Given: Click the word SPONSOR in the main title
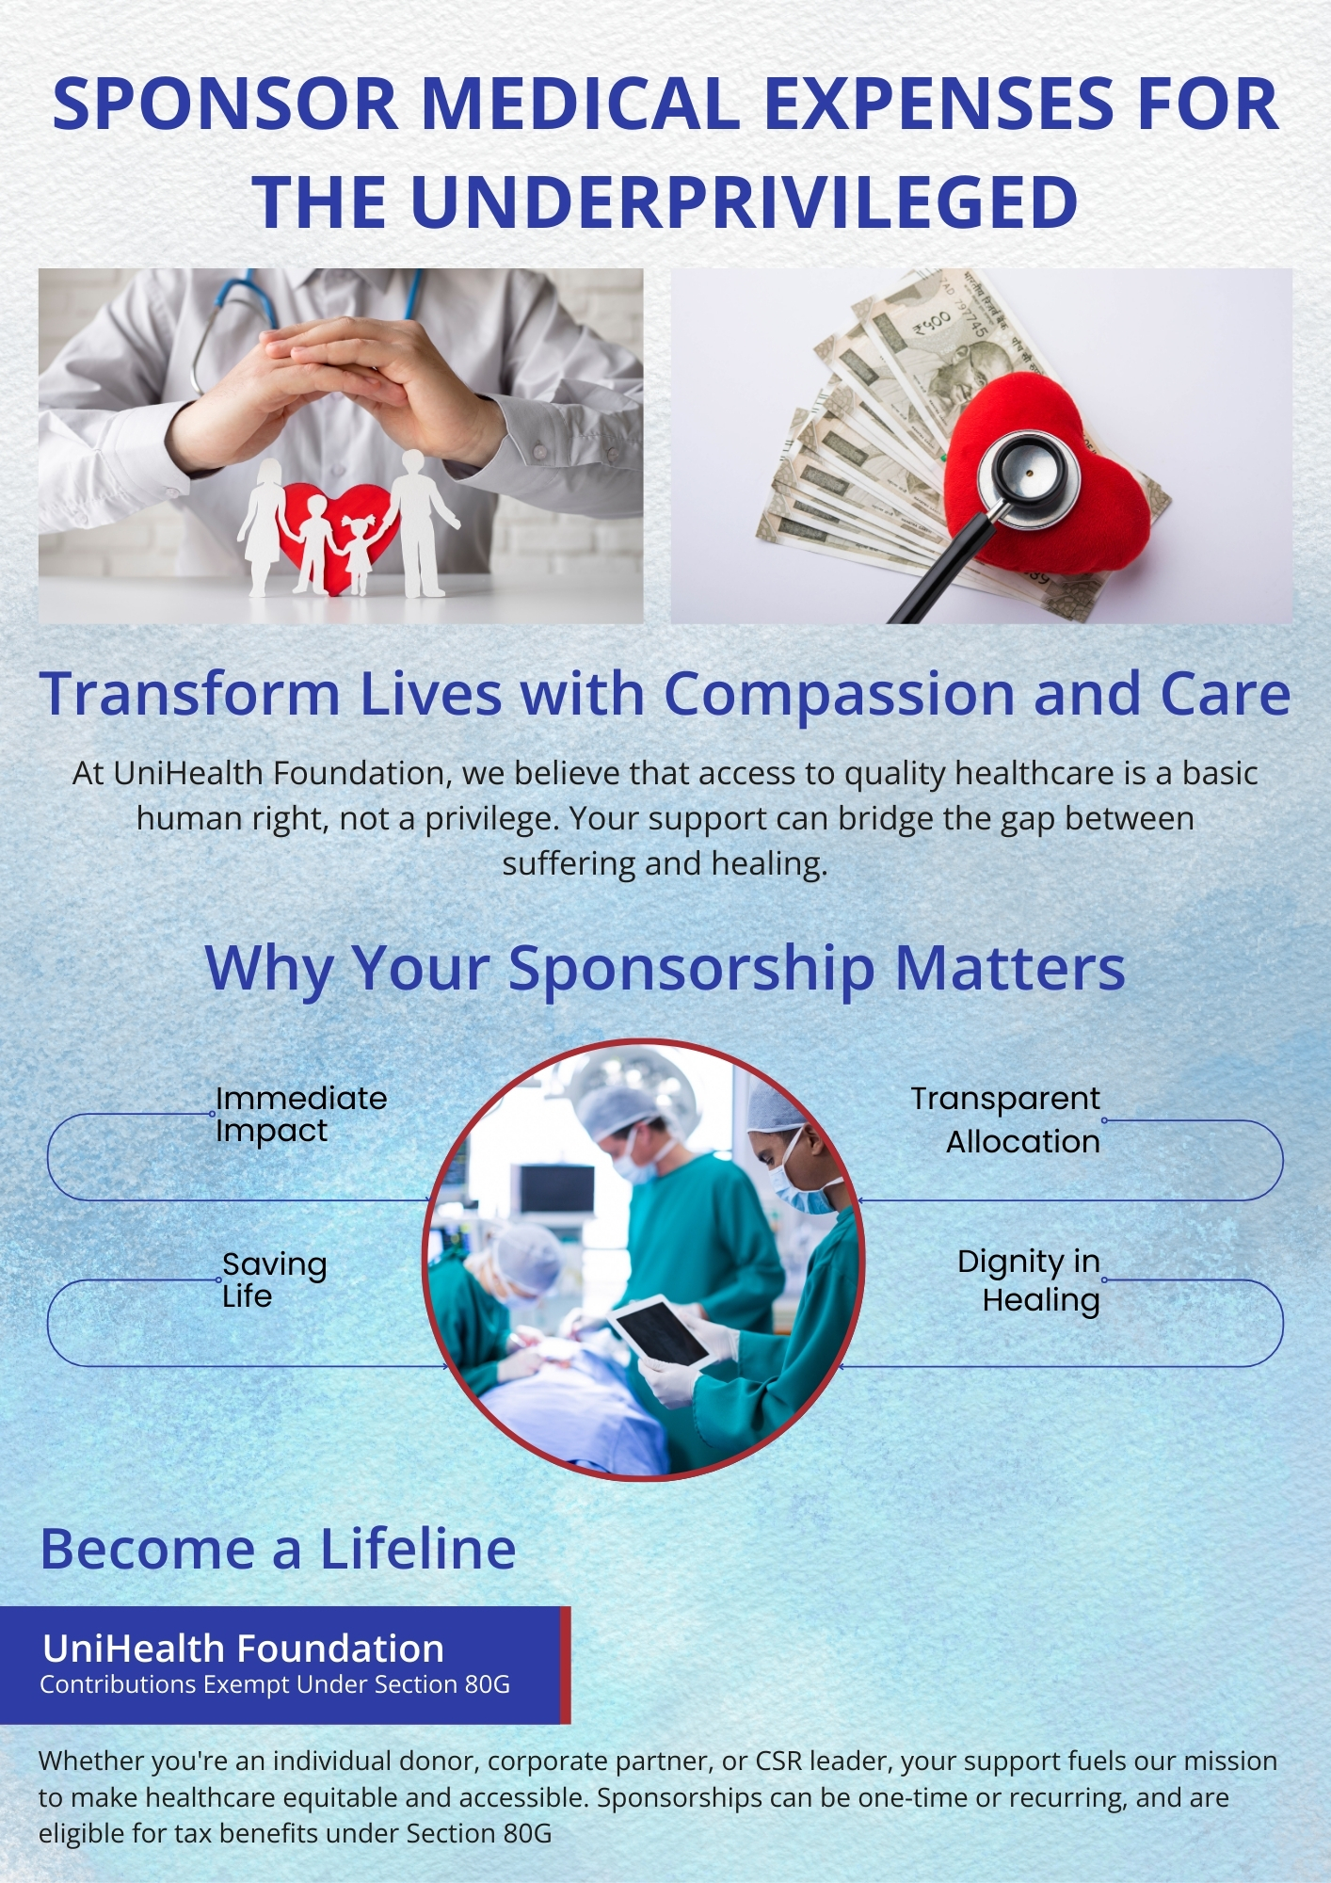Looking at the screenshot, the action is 225,104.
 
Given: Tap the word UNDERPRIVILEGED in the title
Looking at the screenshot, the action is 745,202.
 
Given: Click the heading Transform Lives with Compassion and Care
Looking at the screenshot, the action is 665,694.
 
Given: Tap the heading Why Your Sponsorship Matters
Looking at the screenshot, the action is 665,968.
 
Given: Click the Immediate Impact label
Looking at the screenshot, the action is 301,1114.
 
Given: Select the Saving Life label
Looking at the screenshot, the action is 274,1279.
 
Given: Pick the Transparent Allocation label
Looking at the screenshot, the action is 1005,1119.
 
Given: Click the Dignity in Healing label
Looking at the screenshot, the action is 1029,1280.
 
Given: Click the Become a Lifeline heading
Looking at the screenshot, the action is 279,1549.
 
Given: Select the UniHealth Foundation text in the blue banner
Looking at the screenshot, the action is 244,1649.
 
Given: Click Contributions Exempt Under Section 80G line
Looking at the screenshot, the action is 275,1684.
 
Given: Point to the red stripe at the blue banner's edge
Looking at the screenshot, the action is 566,1666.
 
